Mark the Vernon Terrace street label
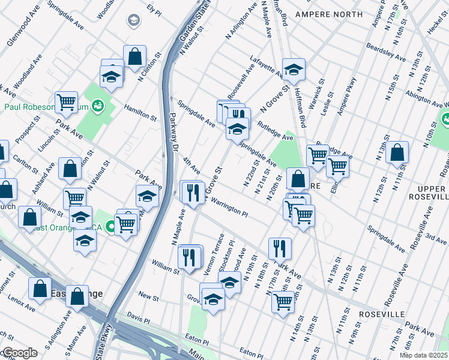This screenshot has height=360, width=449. (214, 256)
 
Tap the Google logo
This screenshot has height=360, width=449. (19, 353)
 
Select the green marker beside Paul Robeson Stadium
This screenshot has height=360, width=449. (98, 107)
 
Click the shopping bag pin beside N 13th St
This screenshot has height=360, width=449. (397, 154)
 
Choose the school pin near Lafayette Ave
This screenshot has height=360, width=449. (294, 70)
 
